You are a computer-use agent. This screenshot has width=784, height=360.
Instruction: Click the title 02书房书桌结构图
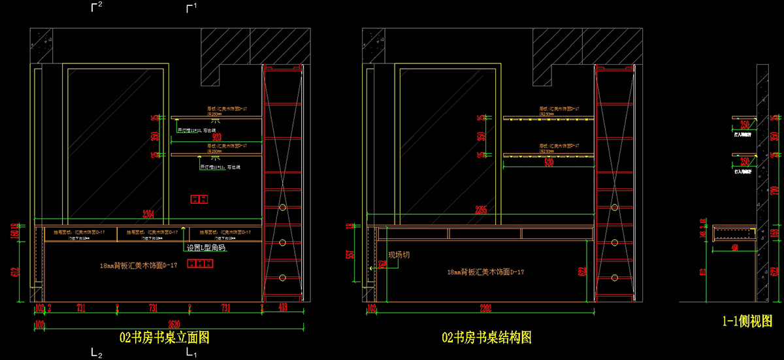(x=486, y=337)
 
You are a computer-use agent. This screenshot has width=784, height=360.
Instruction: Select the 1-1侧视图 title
(x=747, y=321)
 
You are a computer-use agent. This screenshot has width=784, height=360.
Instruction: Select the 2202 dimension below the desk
(x=485, y=308)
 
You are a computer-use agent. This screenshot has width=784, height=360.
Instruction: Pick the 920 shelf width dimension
(x=215, y=137)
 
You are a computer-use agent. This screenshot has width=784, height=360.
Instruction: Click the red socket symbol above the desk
(x=198, y=198)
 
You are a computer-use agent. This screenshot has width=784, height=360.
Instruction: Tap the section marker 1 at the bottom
(x=192, y=353)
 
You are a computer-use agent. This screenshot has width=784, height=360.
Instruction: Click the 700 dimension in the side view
(x=775, y=191)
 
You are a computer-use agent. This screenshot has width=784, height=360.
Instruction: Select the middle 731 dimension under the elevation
(x=154, y=306)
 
